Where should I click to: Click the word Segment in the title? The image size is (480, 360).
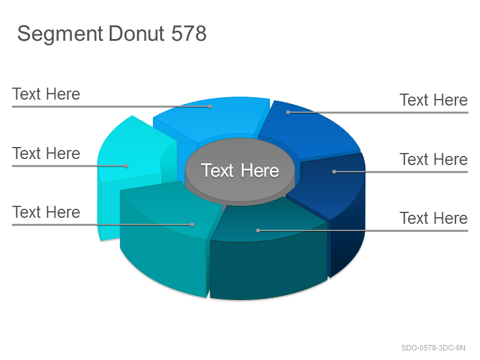click(x=60, y=34)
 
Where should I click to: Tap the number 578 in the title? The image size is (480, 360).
click(x=189, y=33)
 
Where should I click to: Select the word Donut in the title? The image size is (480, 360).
click(x=137, y=33)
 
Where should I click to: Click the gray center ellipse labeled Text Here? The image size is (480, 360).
click(x=240, y=170)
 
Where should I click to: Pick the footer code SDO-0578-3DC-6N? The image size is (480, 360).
click(x=433, y=348)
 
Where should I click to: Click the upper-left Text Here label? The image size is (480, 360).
click(x=46, y=94)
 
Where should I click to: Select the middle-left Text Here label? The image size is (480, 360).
click(x=46, y=153)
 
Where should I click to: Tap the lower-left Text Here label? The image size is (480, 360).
click(x=46, y=212)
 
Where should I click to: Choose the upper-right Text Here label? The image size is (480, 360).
click(x=433, y=100)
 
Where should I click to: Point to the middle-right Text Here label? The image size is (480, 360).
click(x=433, y=159)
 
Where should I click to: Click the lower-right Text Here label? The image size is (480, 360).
click(x=433, y=218)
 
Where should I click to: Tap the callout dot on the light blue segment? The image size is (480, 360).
click(x=210, y=107)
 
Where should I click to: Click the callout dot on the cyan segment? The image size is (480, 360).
click(x=126, y=166)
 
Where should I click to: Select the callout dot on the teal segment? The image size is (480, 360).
click(x=192, y=224)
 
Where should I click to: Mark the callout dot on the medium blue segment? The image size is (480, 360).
click(x=288, y=112)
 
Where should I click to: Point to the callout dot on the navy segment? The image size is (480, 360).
click(x=334, y=172)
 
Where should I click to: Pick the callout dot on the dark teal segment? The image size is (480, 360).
click(x=258, y=230)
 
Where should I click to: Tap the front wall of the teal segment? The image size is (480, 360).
click(x=162, y=257)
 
